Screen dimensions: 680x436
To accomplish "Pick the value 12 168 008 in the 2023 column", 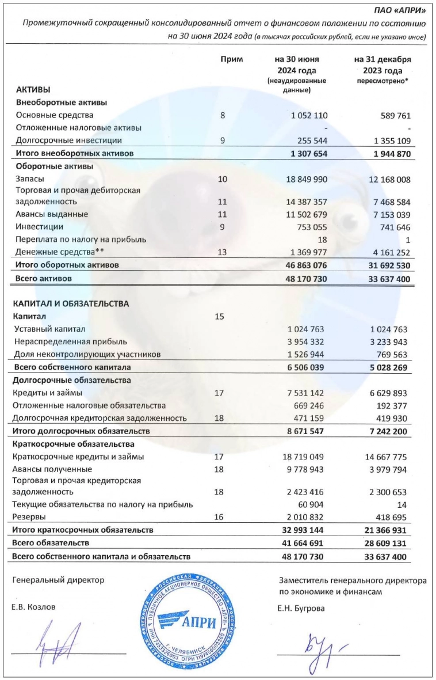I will (386, 180).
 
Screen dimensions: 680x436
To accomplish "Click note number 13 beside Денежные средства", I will (223, 252).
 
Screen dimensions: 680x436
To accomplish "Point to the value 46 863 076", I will (305, 265).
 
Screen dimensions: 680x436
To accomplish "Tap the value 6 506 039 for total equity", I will (305, 367).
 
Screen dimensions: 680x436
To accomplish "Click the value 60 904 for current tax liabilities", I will (314, 504).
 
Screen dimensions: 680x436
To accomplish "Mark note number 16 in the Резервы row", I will (223, 516).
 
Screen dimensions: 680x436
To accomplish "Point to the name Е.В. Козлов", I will (35, 607).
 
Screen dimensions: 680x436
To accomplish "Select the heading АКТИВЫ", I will (33, 90).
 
